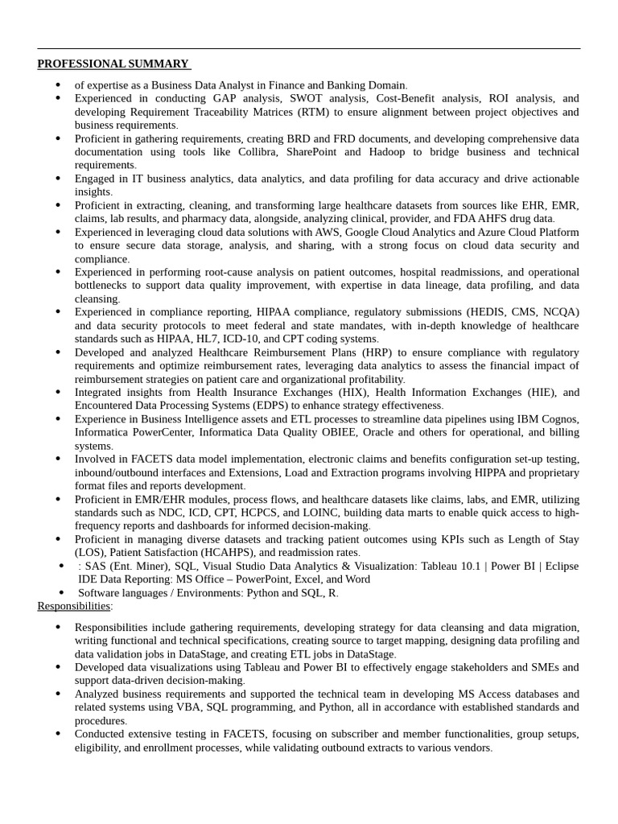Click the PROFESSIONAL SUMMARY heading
tap(113, 64)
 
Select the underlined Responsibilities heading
tap(74, 605)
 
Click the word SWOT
tap(307, 98)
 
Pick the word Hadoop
tap(388, 151)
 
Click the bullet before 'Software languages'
tap(61, 592)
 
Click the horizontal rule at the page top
tap(308, 49)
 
